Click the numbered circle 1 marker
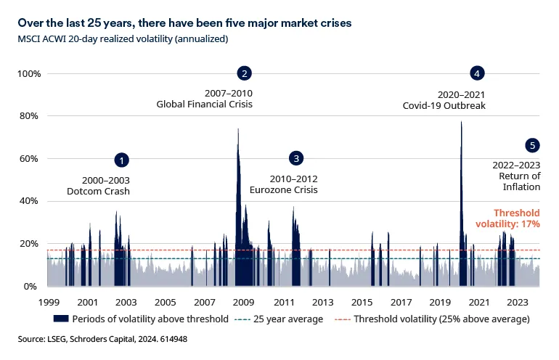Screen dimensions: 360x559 (123, 160)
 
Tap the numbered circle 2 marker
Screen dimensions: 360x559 (245, 73)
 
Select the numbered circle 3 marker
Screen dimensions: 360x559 (295, 158)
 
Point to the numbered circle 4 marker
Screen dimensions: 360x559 (477, 73)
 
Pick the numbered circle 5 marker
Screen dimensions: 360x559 (533, 146)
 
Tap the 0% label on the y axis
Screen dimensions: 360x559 (32, 287)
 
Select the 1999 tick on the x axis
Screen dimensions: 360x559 (49, 302)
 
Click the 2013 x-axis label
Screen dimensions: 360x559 (322, 302)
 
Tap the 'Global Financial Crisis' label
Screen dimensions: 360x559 (205, 105)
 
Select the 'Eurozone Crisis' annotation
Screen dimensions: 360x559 (284, 190)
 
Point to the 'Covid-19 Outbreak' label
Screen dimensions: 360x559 (444, 105)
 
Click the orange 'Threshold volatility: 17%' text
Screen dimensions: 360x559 (517, 218)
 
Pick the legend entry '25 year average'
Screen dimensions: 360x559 (287, 319)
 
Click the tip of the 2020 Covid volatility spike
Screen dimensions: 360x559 (461, 122)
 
